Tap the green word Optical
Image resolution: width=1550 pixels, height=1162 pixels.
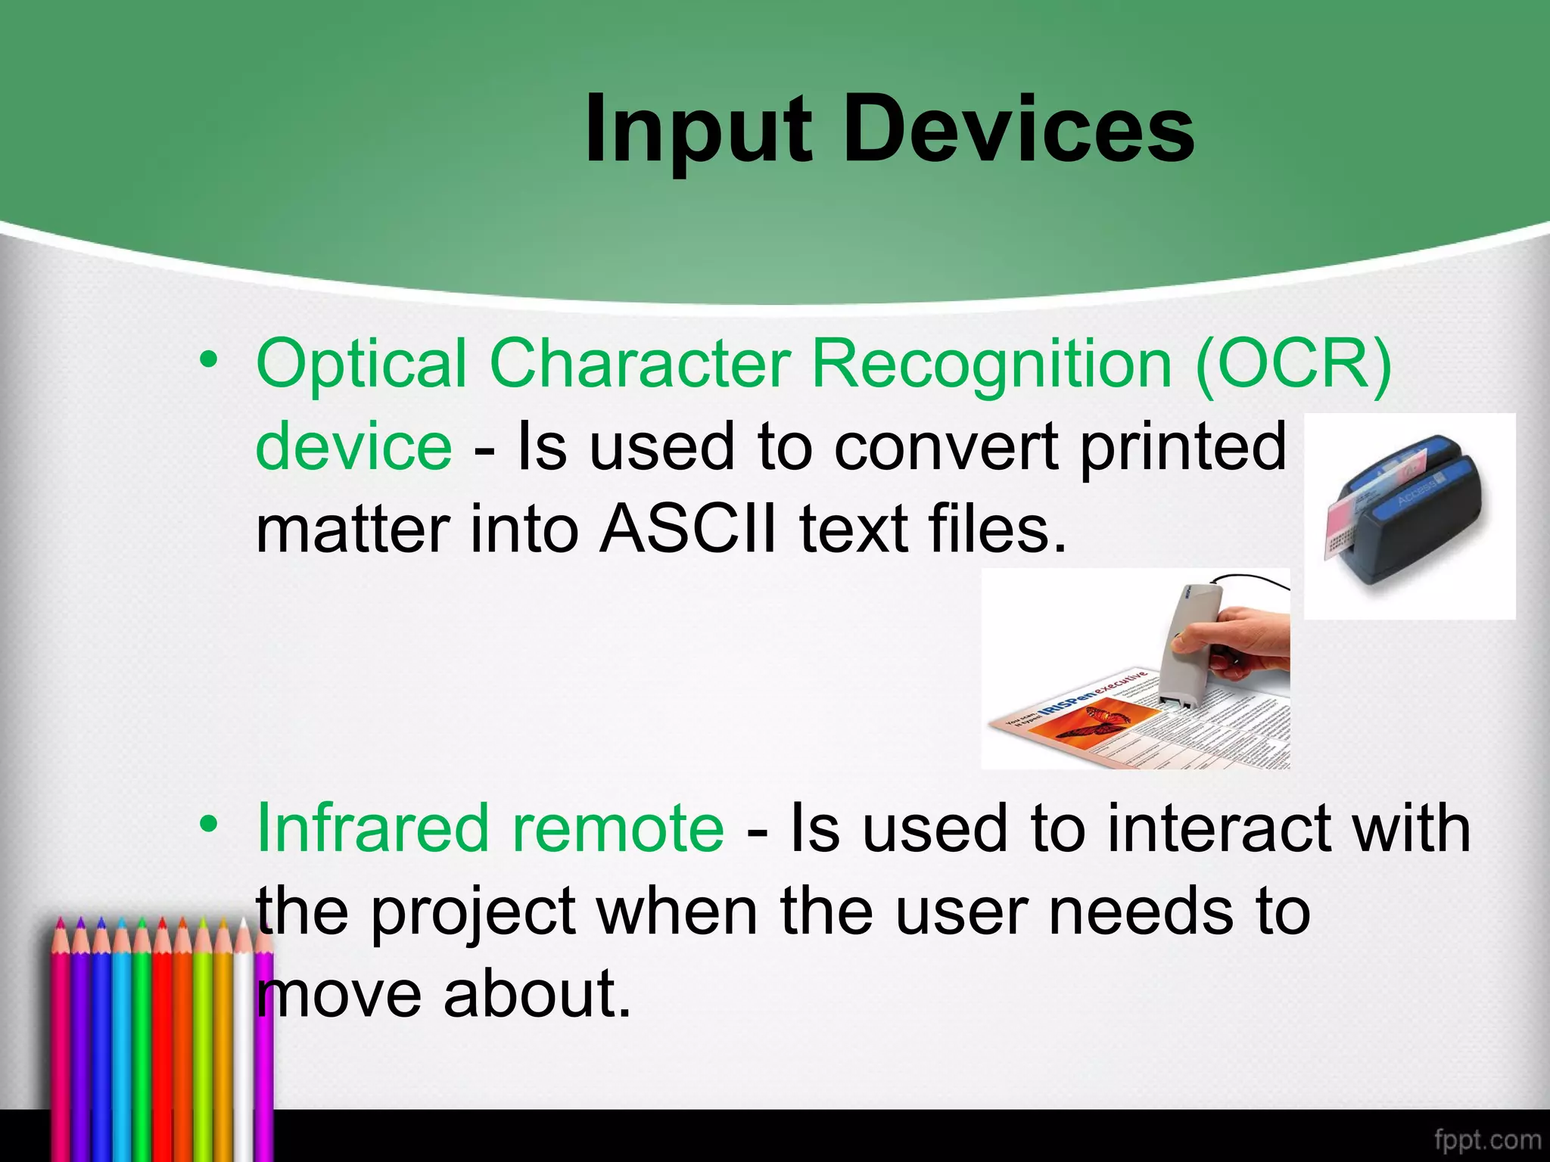click(362, 364)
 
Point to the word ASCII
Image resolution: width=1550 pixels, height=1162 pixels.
click(687, 529)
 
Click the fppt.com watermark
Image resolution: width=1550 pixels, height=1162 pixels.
click(1486, 1139)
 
